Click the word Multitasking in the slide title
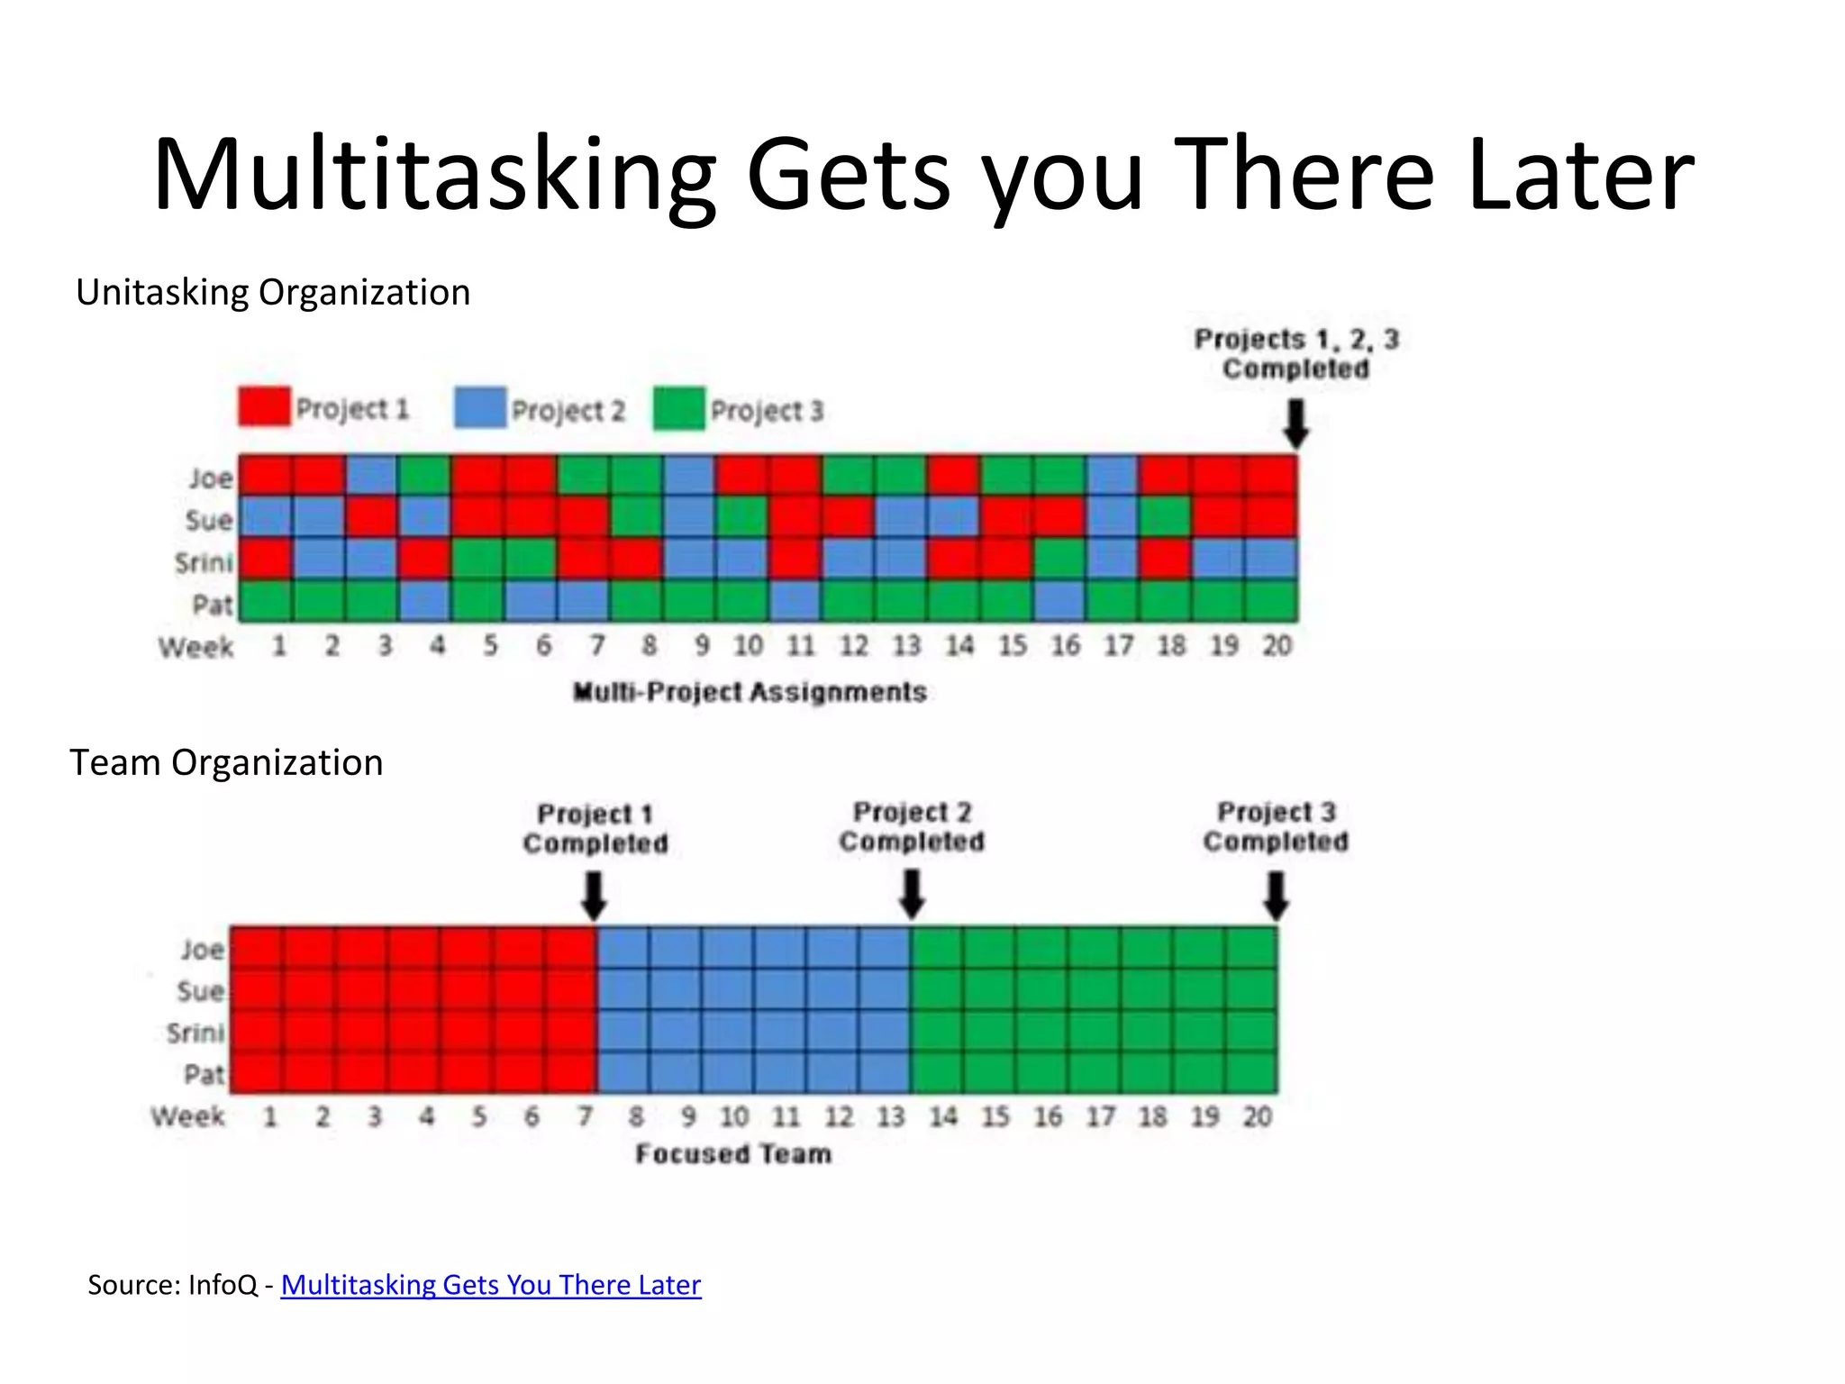tap(434, 176)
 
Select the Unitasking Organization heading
tap(273, 293)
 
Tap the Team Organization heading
tap(226, 763)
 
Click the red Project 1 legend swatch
tap(264, 406)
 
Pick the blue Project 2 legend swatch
tap(480, 408)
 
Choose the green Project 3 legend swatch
tap(679, 409)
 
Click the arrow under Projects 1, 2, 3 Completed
tap(1295, 423)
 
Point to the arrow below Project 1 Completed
tap(594, 895)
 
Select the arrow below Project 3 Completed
tap(1276, 895)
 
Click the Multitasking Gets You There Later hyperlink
tap(490, 1285)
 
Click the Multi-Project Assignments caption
tap(750, 692)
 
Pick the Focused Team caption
tap(733, 1154)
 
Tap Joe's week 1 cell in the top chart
tap(265, 476)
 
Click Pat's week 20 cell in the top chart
tap(1271, 601)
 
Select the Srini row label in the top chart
tap(204, 563)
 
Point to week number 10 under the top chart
tap(747, 646)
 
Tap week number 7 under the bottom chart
tap(585, 1117)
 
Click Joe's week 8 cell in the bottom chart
tap(623, 948)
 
